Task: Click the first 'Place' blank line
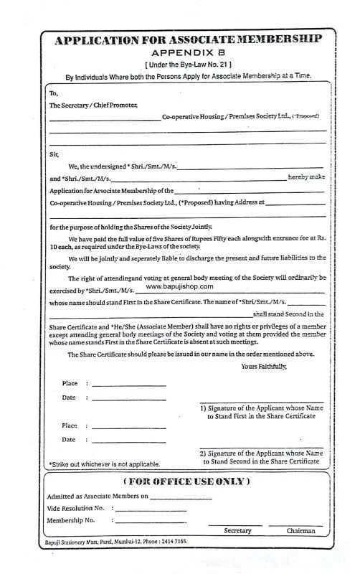[129, 385]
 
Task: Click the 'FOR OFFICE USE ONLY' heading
[186, 480]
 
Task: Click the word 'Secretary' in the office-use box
[238, 531]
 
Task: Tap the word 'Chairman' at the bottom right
[300, 531]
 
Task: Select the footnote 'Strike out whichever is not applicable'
[104, 464]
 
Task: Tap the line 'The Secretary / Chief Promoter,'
[93, 105]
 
